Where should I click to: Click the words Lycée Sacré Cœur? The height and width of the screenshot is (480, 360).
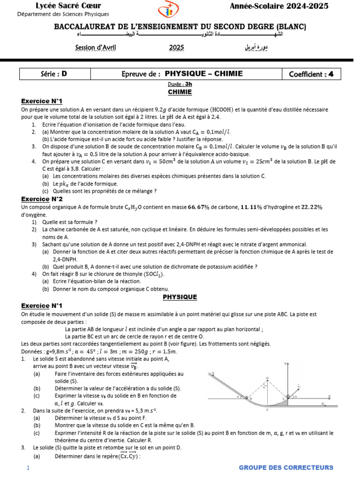(x=57, y=6)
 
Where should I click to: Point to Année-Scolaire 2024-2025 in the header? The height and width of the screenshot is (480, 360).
(x=279, y=6)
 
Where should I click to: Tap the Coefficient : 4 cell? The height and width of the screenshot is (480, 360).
(x=311, y=74)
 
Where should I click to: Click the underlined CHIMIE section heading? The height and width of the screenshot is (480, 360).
(x=180, y=92)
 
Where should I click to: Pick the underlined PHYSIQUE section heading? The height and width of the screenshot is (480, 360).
(x=180, y=297)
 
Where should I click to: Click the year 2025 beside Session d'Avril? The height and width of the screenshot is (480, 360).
(x=177, y=47)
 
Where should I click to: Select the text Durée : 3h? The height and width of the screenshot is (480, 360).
(x=180, y=84)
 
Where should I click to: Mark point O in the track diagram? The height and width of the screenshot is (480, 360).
(x=267, y=378)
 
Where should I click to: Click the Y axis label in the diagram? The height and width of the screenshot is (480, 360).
(x=285, y=364)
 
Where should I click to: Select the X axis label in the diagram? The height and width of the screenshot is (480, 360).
(x=330, y=397)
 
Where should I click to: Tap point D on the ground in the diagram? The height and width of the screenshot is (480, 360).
(x=322, y=404)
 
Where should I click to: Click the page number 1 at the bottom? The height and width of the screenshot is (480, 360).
(x=28, y=468)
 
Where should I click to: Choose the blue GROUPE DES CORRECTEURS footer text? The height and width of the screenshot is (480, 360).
(x=286, y=468)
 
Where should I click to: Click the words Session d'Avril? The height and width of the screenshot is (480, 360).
(x=96, y=47)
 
